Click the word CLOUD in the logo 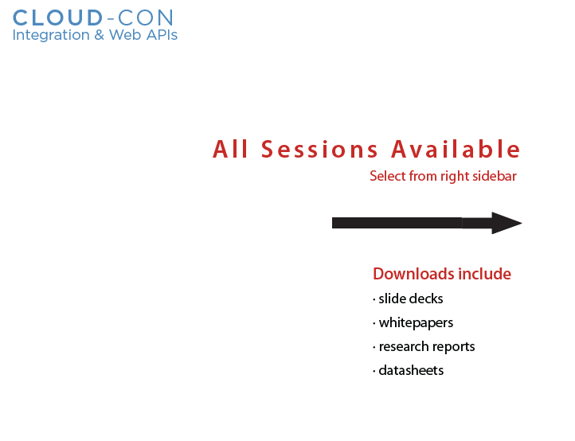pos(58,18)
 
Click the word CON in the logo pos(146,18)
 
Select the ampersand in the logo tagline pos(100,35)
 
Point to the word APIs pos(162,35)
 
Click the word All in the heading pos(230,149)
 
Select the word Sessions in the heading pos(319,149)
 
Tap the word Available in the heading pos(456,149)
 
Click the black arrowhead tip pos(522,223)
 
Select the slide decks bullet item pos(408,299)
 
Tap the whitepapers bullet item pos(413,323)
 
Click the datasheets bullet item pos(408,370)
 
